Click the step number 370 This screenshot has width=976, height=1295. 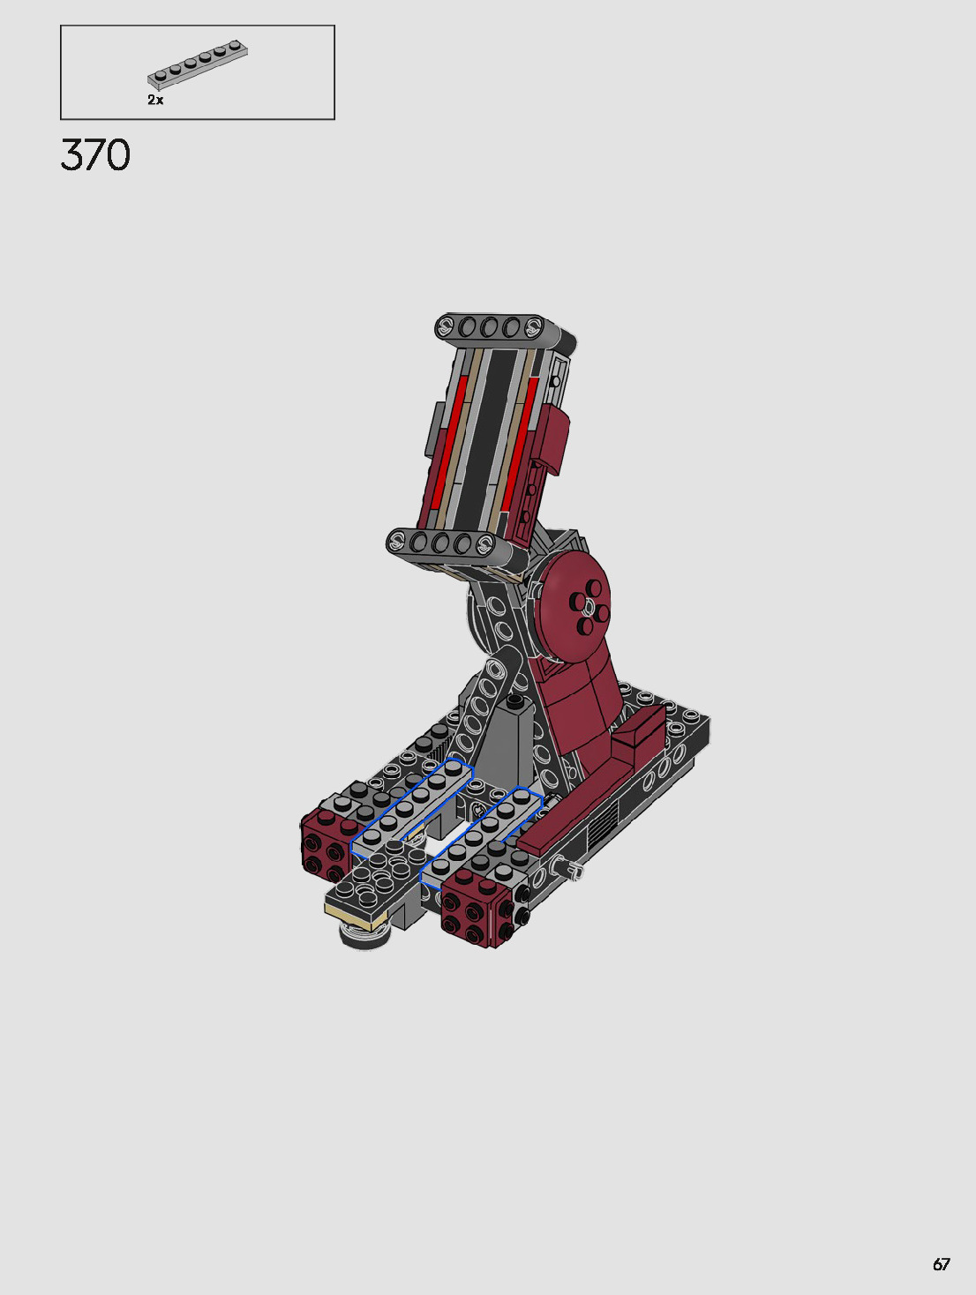click(95, 155)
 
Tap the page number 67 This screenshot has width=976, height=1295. click(942, 1264)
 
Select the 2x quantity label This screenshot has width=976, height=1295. click(155, 101)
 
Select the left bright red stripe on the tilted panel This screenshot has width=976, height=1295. click(448, 443)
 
